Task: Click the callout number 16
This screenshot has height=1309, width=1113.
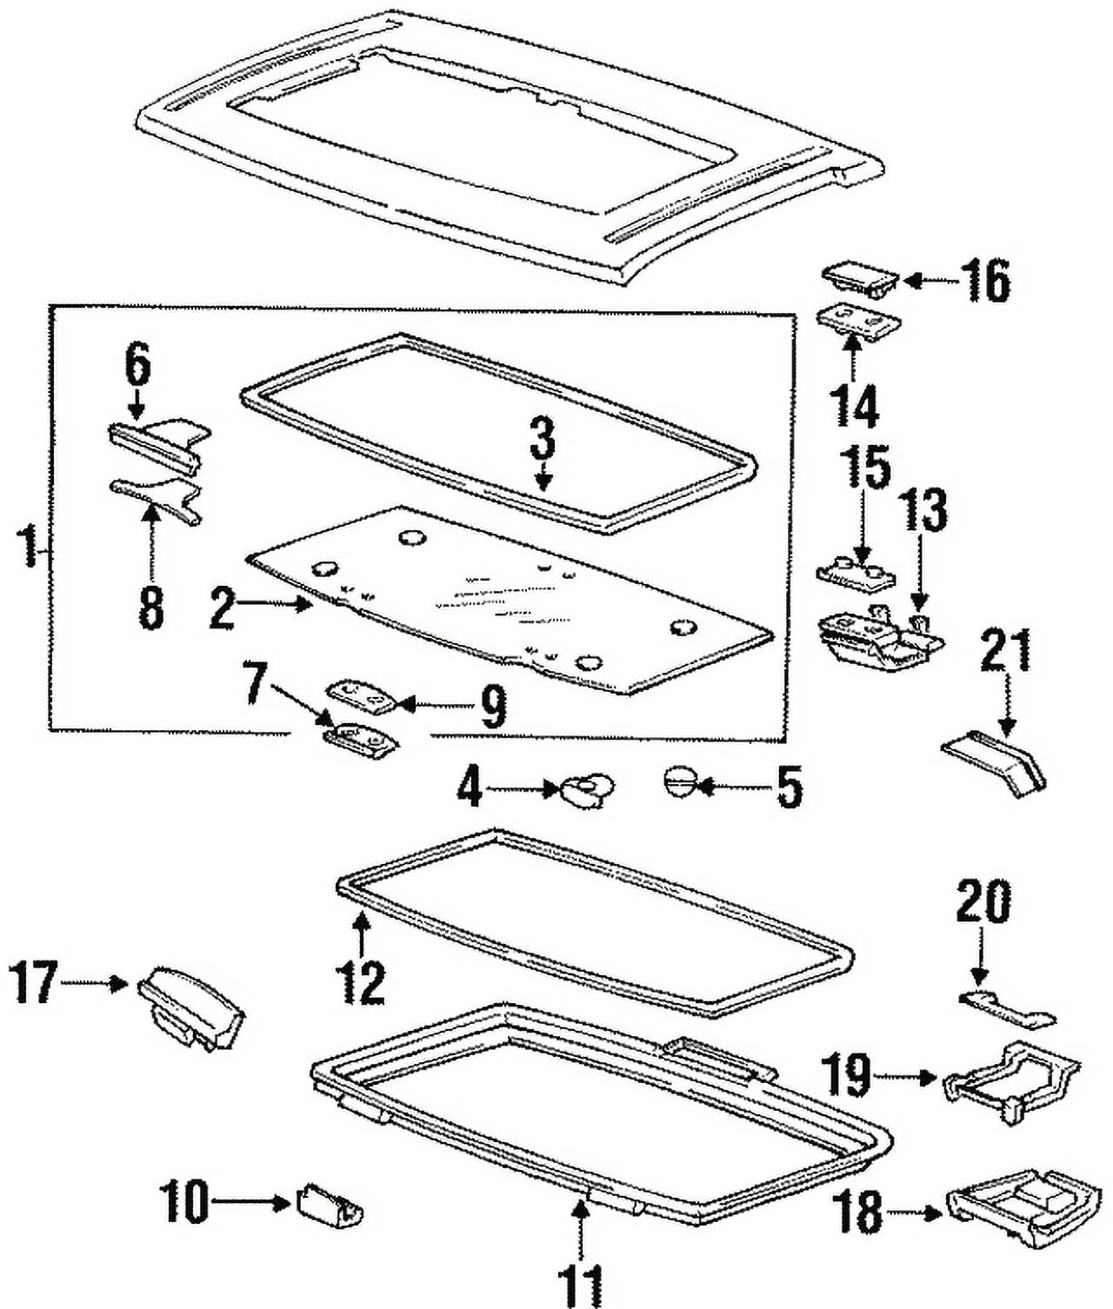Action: click(x=985, y=281)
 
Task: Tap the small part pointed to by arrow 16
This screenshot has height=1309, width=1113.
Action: click(x=859, y=278)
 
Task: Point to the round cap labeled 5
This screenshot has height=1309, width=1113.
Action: click(x=678, y=780)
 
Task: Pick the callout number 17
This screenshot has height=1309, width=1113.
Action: click(x=33, y=982)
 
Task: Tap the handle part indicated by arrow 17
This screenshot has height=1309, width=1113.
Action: click(x=190, y=1009)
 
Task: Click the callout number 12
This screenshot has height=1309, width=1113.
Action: click(x=361, y=982)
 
